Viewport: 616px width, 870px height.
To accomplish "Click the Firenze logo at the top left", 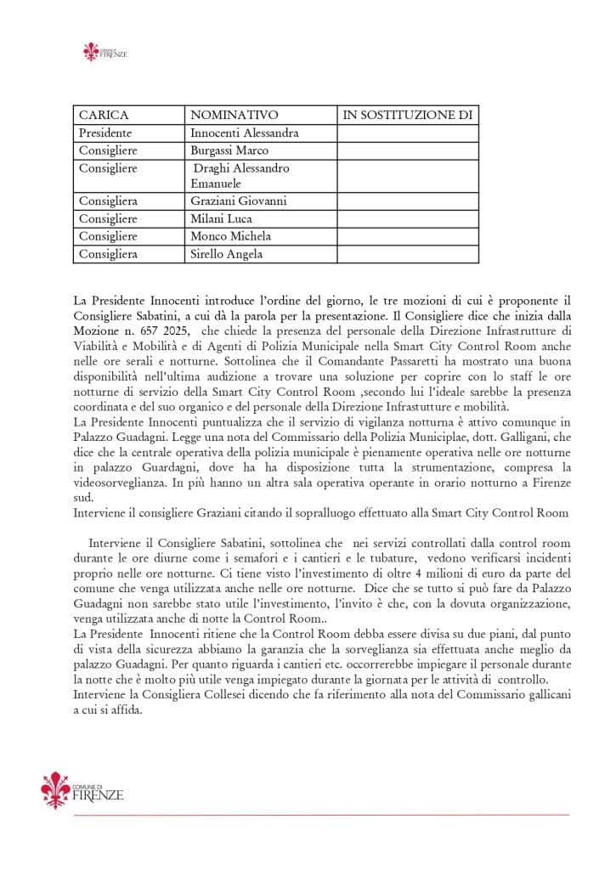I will [105, 52].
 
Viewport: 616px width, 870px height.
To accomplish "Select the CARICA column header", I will [104, 115].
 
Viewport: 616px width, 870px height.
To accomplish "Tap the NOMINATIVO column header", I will [234, 115].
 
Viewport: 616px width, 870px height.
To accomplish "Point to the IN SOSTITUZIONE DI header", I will [407, 115].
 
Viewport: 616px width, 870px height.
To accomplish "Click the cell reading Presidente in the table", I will [105, 133].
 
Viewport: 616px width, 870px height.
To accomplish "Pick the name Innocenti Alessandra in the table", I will [244, 133].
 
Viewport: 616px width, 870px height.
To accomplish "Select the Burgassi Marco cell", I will [229, 150].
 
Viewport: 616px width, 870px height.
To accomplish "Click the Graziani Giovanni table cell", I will [239, 201].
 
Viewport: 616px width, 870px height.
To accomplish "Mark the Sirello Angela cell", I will [227, 254].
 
